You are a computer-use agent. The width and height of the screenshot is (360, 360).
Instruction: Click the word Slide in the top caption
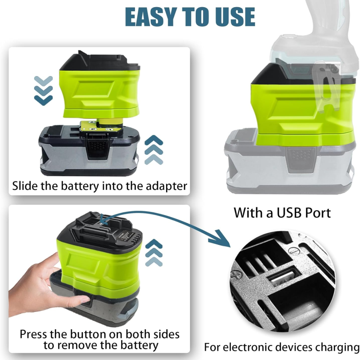(25, 185)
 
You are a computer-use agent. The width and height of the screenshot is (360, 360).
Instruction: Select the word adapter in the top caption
(166, 186)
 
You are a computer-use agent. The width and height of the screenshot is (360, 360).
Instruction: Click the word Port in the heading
(318, 212)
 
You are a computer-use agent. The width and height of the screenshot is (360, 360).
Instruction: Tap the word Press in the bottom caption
(33, 334)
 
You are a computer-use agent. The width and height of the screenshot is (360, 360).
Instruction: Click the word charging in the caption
(337, 347)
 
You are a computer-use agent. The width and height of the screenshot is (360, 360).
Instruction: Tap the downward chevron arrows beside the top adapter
(43, 90)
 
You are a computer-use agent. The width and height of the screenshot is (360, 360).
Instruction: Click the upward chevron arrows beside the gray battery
(154, 150)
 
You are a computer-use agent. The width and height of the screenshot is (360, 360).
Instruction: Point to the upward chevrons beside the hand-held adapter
(154, 253)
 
